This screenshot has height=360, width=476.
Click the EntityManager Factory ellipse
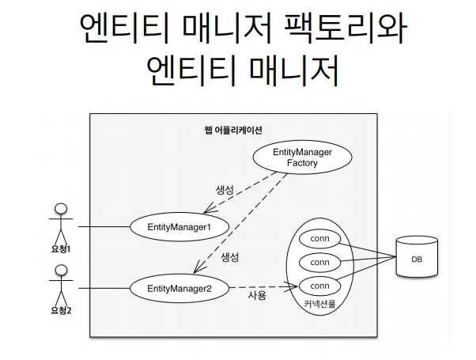pyautogui.click(x=301, y=157)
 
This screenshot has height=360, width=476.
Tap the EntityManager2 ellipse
pyautogui.click(x=179, y=288)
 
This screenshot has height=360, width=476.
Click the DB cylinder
pyautogui.click(x=417, y=258)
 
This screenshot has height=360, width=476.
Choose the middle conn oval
pyautogui.click(x=319, y=262)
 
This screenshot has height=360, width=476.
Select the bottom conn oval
pyautogui.click(x=319, y=286)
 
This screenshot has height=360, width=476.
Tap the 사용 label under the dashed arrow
pyautogui.click(x=257, y=296)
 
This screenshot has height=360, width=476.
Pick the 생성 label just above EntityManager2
pyautogui.click(x=229, y=258)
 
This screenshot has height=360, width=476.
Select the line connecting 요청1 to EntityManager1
pyautogui.click(x=103, y=227)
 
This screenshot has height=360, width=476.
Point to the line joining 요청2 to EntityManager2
pyautogui.click(x=103, y=288)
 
